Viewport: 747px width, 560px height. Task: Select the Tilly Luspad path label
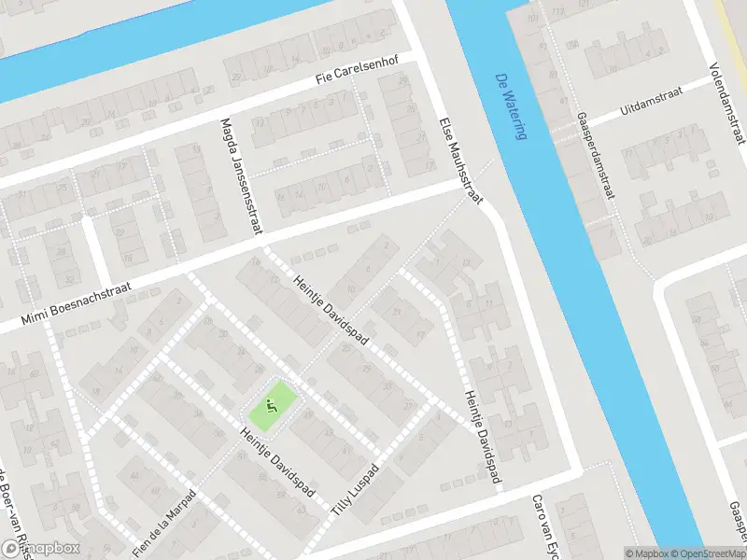pos(356,490)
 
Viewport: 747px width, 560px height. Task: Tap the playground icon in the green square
pos(272,406)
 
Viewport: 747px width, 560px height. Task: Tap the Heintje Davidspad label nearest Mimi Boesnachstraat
pos(332,311)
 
